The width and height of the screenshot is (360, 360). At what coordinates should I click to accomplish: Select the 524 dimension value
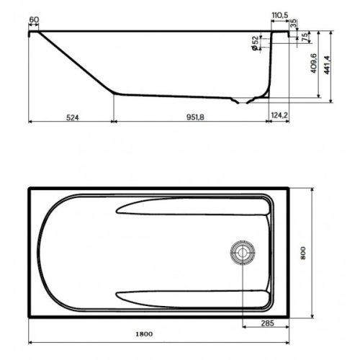68,114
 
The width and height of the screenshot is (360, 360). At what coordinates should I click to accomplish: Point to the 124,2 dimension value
279,114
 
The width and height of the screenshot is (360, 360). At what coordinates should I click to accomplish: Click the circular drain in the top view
240,253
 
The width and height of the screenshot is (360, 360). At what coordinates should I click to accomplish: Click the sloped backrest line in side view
79,63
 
